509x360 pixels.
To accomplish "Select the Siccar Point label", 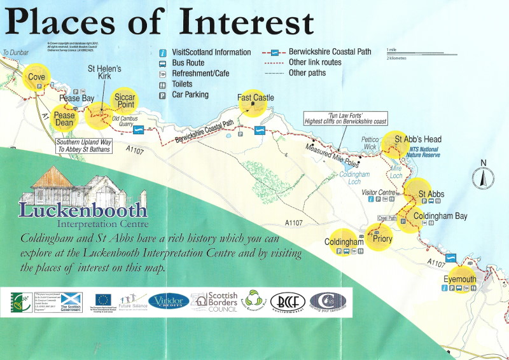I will [x=125, y=100].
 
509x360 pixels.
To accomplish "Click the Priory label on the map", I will [x=382, y=239].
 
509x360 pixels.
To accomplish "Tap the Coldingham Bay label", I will [x=440, y=216].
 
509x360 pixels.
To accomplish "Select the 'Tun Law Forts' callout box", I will [x=345, y=118].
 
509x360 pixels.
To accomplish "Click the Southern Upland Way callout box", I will [x=83, y=145].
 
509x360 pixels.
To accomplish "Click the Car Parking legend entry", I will [x=192, y=94].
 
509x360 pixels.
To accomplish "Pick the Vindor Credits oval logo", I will [x=168, y=301].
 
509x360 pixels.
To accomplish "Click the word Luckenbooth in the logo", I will [x=83, y=209].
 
